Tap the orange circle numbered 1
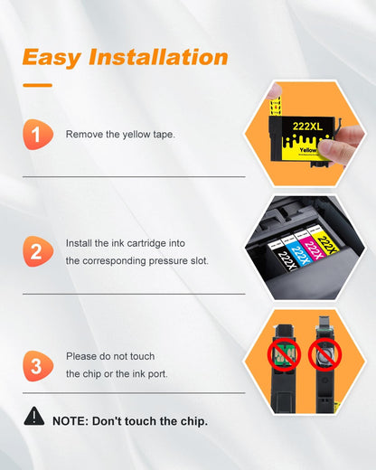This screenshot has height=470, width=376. [x=35, y=135]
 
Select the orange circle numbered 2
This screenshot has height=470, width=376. [x=35, y=251]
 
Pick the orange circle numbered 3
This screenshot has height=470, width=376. [x=35, y=366]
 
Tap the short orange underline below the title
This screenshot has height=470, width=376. [x=37, y=85]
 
